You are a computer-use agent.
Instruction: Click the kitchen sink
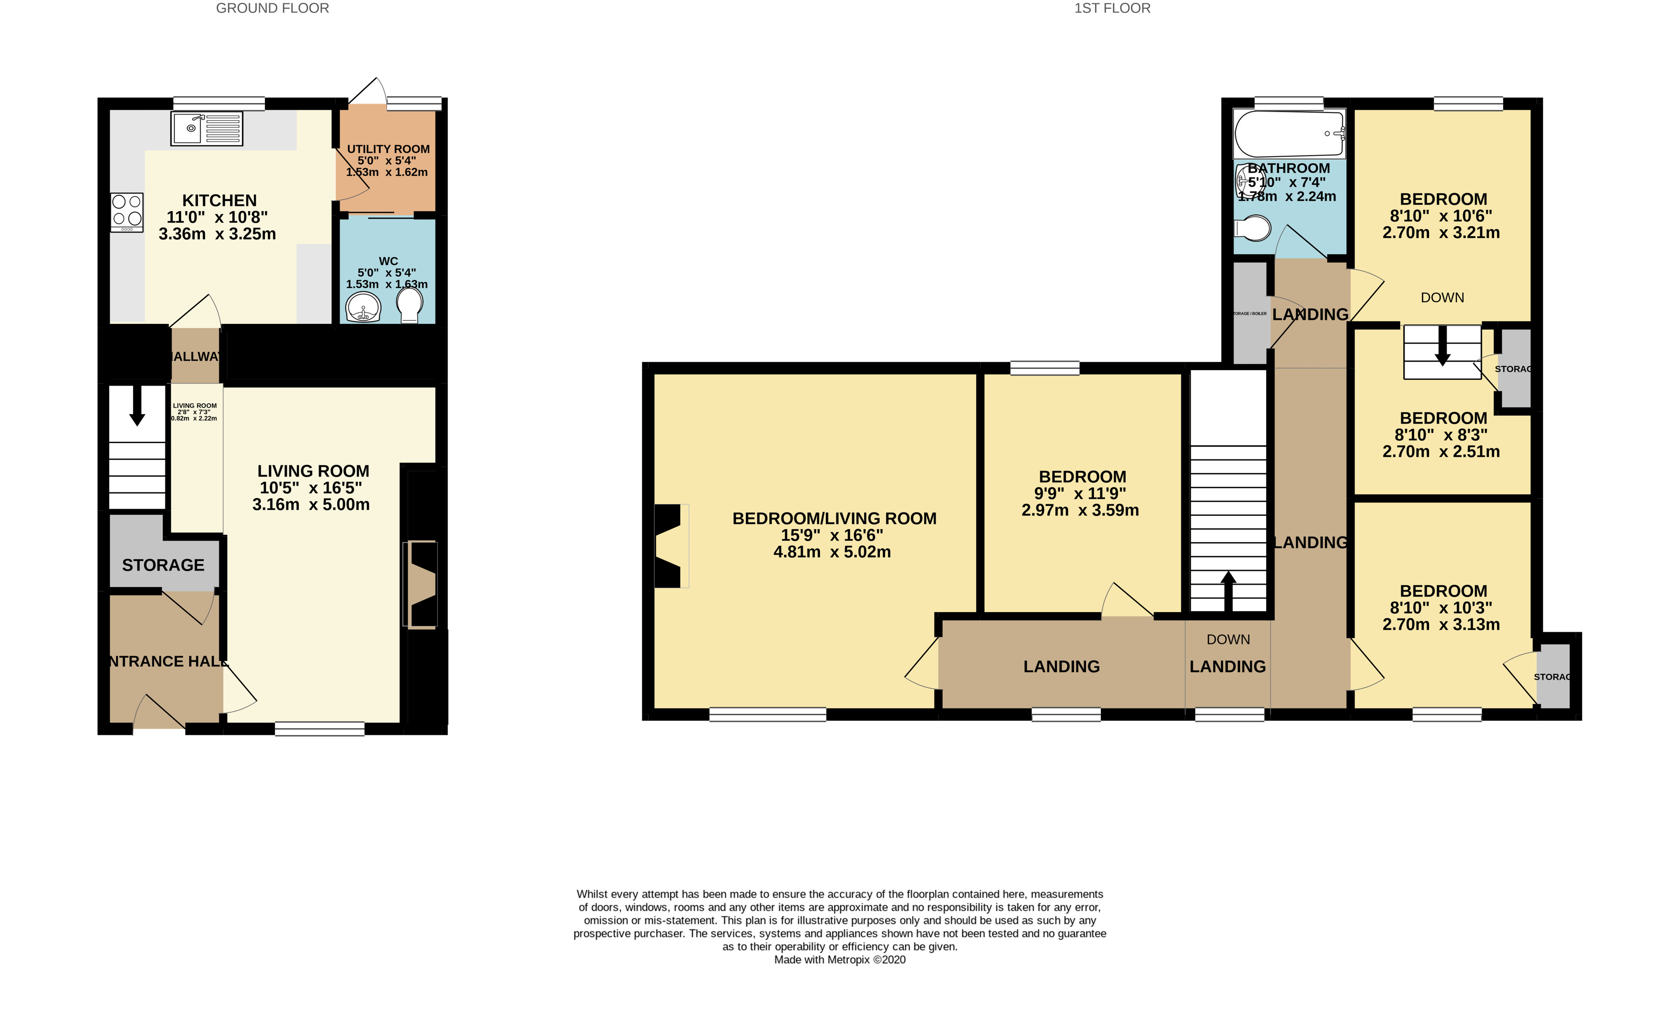pyautogui.click(x=206, y=128)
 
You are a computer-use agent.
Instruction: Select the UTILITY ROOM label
pyautogui.click(x=388, y=148)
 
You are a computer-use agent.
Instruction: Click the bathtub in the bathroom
pyautogui.click(x=1288, y=134)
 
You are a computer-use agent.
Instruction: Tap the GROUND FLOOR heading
pyautogui.click(x=272, y=8)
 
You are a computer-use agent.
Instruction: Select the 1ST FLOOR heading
pyautogui.click(x=1112, y=8)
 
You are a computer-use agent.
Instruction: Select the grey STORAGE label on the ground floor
pyautogui.click(x=163, y=565)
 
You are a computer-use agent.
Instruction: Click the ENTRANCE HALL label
pyautogui.click(x=166, y=661)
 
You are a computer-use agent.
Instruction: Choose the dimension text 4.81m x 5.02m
pyautogui.click(x=831, y=552)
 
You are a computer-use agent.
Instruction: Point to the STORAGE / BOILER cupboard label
pyautogui.click(x=1250, y=314)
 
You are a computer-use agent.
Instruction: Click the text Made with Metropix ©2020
pyautogui.click(x=839, y=960)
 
